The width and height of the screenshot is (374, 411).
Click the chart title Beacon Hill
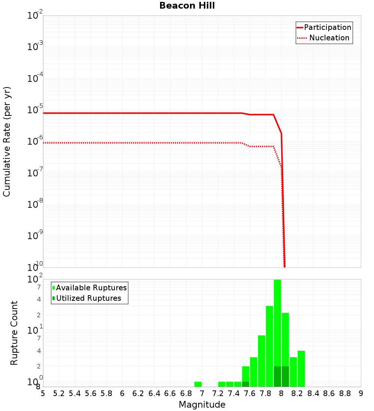pyautogui.click(x=187, y=6)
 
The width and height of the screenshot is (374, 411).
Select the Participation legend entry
pyautogui.click(x=328, y=27)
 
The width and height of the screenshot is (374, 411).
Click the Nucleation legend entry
pyautogui.click(x=329, y=38)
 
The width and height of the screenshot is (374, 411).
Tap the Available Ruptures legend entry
pyautogui.click(x=91, y=288)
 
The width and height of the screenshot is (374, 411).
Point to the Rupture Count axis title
pyautogui.click(x=14, y=333)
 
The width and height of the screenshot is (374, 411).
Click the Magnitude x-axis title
pyautogui.click(x=202, y=405)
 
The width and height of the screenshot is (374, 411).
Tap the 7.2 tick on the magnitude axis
pyautogui.click(x=218, y=393)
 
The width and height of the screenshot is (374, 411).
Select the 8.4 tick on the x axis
pyautogui.click(x=313, y=393)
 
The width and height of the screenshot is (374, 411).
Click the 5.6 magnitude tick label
pyautogui.click(x=91, y=393)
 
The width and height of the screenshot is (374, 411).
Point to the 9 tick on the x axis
pyautogui.click(x=361, y=393)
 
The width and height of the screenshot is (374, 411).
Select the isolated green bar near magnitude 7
pyautogui.click(x=198, y=384)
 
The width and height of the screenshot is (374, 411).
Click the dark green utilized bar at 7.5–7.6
pyautogui.click(x=245, y=384)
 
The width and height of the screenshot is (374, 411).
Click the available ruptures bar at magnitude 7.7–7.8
pyautogui.click(x=261, y=361)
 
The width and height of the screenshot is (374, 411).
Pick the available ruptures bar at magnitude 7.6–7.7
pyautogui.click(x=254, y=372)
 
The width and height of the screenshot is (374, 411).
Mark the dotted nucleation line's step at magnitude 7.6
pyautogui.click(x=250, y=146)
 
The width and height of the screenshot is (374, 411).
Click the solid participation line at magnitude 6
pyautogui.click(x=122, y=113)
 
